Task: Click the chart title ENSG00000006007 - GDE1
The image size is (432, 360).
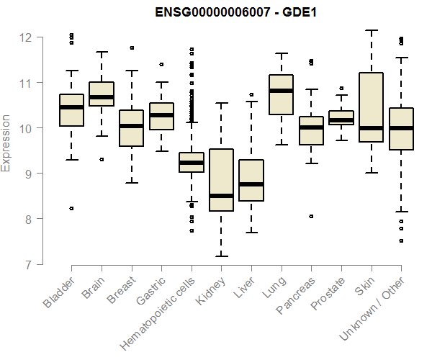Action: pyautogui.click(x=236, y=12)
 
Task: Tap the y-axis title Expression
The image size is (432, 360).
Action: pyautogui.click(x=7, y=143)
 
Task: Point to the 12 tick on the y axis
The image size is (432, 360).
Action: pyautogui.click(x=34, y=37)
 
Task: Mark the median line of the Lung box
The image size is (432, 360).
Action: pyautogui.click(x=281, y=91)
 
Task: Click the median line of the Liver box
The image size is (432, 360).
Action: pyautogui.click(x=251, y=184)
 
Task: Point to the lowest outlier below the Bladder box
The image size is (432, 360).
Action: pyautogui.click(x=71, y=208)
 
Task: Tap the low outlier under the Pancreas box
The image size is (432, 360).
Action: pyautogui.click(x=311, y=216)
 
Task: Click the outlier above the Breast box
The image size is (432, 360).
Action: pyautogui.click(x=131, y=48)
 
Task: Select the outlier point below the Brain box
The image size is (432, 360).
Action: pyautogui.click(x=102, y=159)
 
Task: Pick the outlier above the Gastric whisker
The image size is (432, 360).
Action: pyautogui.click(x=161, y=64)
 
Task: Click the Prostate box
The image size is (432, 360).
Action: pyautogui.click(x=341, y=117)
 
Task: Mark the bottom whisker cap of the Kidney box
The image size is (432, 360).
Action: pyautogui.click(x=220, y=256)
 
